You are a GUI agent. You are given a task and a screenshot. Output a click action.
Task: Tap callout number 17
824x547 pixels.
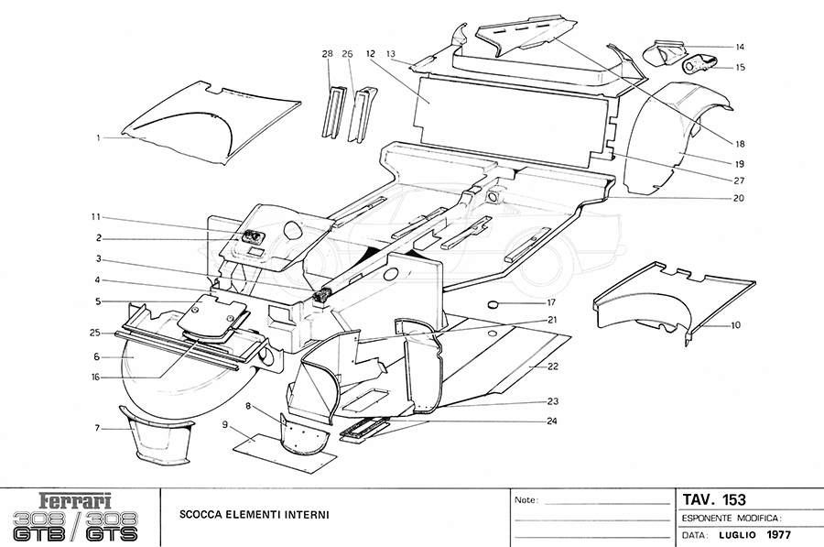tap(551, 302)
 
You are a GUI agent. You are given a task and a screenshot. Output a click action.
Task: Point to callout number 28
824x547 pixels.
tap(326, 53)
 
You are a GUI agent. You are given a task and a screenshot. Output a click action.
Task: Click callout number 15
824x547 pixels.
tap(740, 67)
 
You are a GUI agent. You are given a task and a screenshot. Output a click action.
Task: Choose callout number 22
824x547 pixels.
tap(552, 366)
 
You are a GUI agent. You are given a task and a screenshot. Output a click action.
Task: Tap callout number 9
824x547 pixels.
tap(224, 425)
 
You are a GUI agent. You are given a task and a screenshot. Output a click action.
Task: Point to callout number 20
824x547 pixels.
tap(739, 198)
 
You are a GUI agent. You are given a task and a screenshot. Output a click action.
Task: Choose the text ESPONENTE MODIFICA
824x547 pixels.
tap(731, 518)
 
